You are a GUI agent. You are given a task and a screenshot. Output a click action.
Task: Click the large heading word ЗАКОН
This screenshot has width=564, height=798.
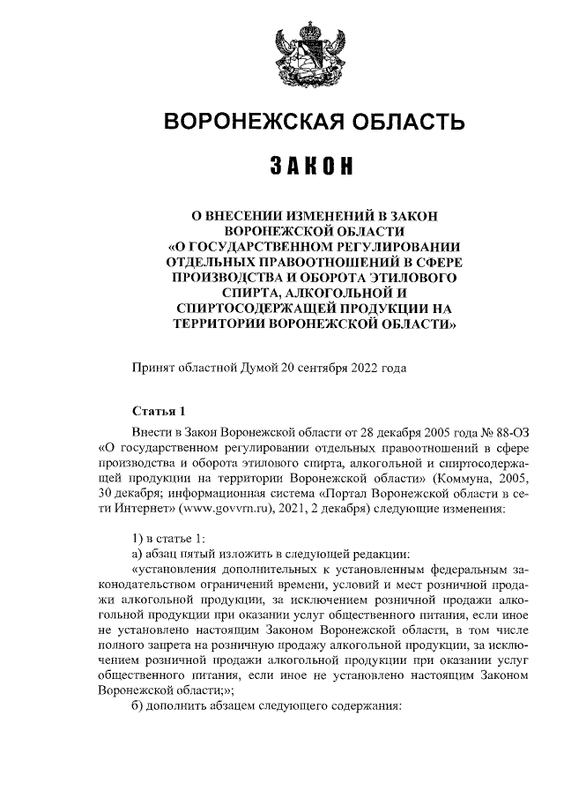tap(306, 166)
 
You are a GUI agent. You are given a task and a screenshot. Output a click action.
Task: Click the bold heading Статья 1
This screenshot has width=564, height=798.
tap(159, 411)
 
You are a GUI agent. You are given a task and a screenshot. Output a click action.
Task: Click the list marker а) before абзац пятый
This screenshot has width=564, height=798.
tap(137, 555)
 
